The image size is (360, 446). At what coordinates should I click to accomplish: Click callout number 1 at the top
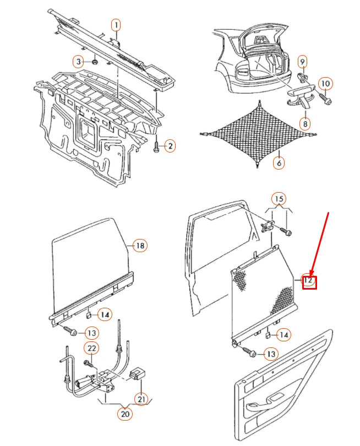(116, 25)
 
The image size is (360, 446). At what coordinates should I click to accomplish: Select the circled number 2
(170, 146)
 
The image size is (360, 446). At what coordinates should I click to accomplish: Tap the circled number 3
(79, 62)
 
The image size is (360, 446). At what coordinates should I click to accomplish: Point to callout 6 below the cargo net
(279, 162)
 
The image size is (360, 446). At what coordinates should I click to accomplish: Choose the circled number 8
(305, 124)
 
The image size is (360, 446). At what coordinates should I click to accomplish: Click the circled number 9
(302, 62)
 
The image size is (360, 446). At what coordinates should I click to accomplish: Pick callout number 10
(325, 84)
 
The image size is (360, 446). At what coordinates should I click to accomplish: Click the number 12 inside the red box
(308, 280)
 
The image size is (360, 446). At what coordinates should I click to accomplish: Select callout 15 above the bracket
(279, 199)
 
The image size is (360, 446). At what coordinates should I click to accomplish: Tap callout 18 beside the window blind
(140, 246)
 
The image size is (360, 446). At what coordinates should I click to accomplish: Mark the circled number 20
(125, 414)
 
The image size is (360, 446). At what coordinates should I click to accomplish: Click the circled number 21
(141, 399)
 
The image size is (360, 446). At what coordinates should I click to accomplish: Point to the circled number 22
(91, 348)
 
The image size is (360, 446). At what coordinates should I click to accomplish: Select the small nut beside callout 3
(95, 62)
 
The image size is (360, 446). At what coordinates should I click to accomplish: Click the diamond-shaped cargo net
(258, 134)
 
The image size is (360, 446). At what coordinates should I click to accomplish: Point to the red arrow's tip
(310, 276)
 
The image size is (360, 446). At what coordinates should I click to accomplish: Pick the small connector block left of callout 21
(138, 373)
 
